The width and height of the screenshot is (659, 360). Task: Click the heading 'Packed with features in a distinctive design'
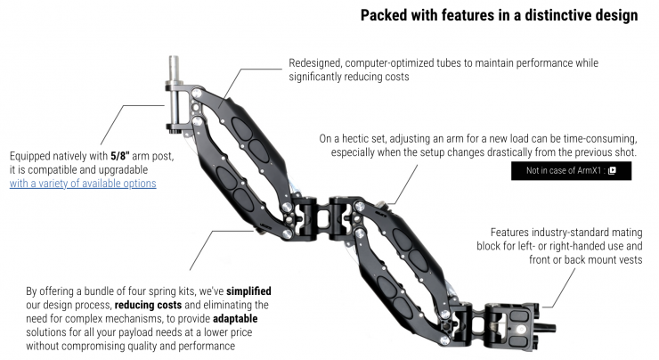(x=499, y=15)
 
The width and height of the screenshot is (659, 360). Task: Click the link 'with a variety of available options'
(x=83, y=184)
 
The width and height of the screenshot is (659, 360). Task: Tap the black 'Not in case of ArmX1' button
(x=571, y=171)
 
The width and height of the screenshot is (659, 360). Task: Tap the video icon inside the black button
(x=612, y=171)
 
